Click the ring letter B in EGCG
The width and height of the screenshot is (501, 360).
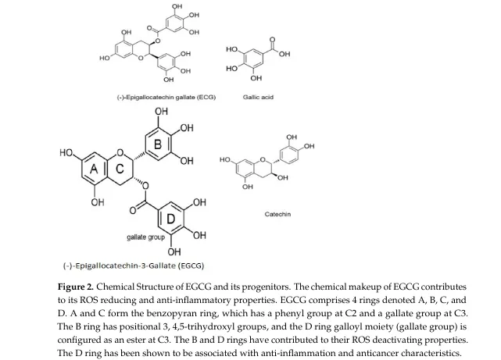[x=158, y=144]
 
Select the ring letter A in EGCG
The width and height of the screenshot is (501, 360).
[x=94, y=169]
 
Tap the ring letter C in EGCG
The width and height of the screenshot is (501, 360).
[x=120, y=169]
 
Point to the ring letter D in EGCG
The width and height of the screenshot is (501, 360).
[x=171, y=219]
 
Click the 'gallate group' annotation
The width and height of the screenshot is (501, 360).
[x=145, y=237]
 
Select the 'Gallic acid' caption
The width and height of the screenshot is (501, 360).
[x=258, y=97]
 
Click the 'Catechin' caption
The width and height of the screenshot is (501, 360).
[x=277, y=214]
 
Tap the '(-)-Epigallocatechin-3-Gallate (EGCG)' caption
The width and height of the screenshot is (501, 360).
[x=134, y=266]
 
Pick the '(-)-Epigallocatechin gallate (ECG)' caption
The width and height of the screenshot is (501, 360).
[x=166, y=97]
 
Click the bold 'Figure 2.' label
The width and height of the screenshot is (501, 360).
[x=76, y=287]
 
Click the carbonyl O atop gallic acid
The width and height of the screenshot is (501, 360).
[x=272, y=40]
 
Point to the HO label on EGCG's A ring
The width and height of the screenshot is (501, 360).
[x=66, y=153]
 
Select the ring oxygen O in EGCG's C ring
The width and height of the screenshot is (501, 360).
[x=120, y=153]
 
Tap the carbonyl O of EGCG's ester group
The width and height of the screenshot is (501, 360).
[x=133, y=210]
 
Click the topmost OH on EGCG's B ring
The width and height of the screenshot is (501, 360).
[x=161, y=112]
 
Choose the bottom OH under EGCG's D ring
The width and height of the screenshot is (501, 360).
[x=174, y=251]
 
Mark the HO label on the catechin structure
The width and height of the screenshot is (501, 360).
[x=225, y=159]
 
